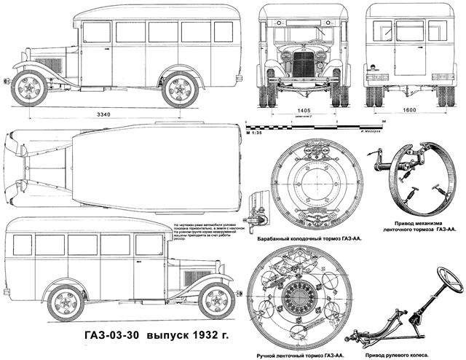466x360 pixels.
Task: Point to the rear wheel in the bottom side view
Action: (x=67, y=302)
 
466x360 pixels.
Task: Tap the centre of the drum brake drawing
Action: (x=306, y=185)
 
